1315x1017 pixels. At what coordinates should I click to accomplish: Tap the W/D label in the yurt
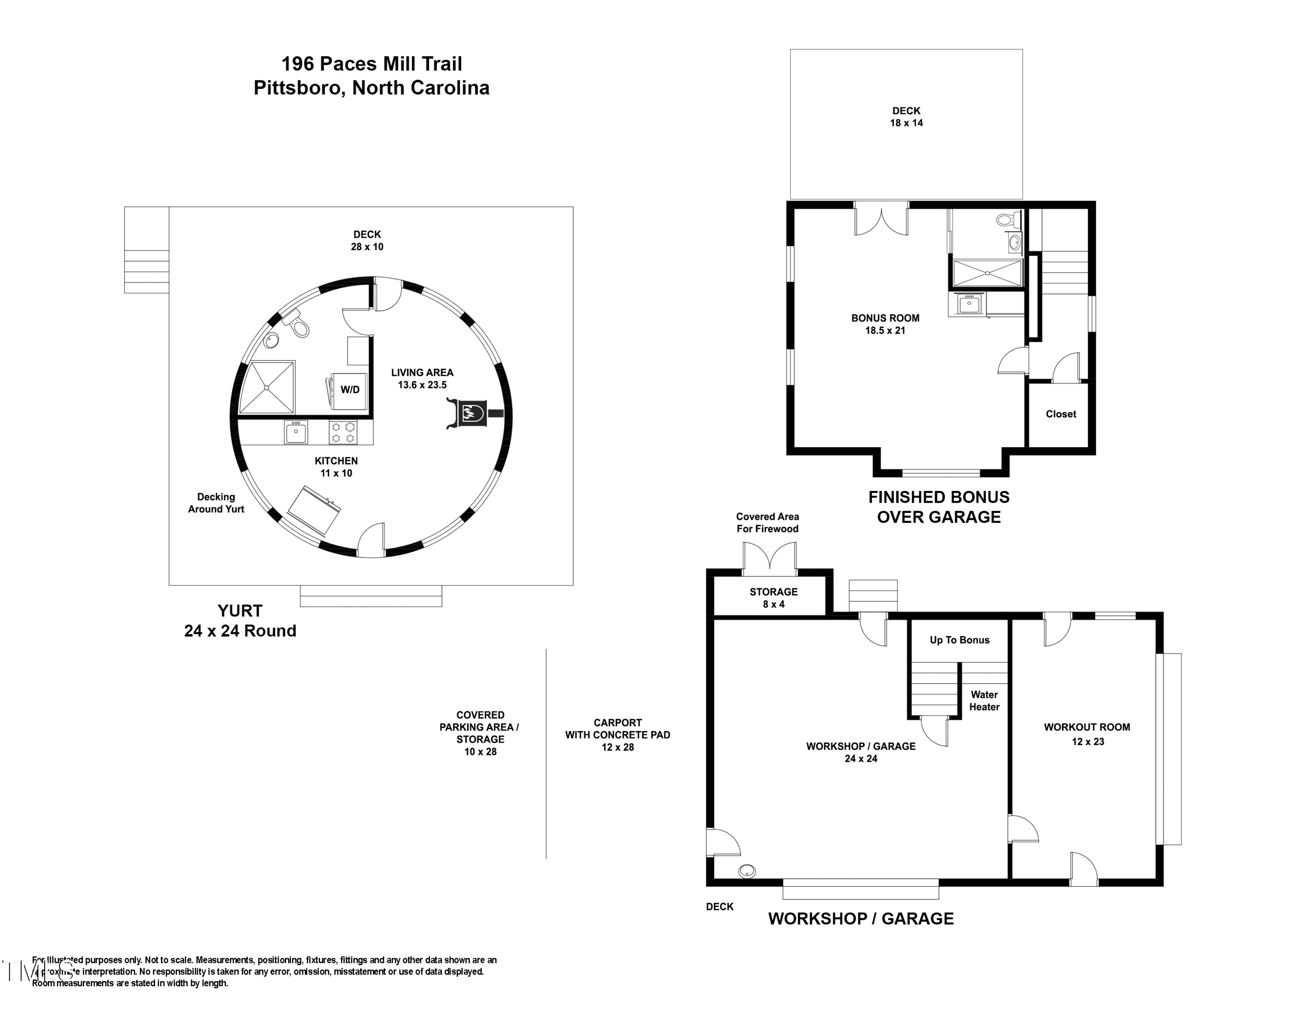pos(350,390)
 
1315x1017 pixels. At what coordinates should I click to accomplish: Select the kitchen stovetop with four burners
pos(343,433)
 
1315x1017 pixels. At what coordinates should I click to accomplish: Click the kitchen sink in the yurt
pos(295,433)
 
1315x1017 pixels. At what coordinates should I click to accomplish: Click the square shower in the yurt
pos(267,387)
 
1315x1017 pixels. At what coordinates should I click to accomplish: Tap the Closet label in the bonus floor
pos(1060,414)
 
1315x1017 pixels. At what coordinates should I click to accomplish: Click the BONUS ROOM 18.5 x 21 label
pos(885,324)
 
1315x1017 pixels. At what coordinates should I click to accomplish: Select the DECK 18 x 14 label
pos(906,117)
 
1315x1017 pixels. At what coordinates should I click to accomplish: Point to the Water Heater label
pos(984,701)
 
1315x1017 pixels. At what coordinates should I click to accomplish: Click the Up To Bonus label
pos(959,640)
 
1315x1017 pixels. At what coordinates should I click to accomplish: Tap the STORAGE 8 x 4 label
pos(773,598)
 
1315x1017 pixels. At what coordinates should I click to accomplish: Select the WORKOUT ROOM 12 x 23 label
pos(1086,734)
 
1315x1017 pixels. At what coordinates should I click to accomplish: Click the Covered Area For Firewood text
pos(767,523)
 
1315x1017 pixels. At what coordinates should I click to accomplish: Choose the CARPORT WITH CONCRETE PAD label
pos(617,734)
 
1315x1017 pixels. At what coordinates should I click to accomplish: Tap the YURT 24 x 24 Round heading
pos(240,620)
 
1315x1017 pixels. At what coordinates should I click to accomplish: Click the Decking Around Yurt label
pos(216,502)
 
